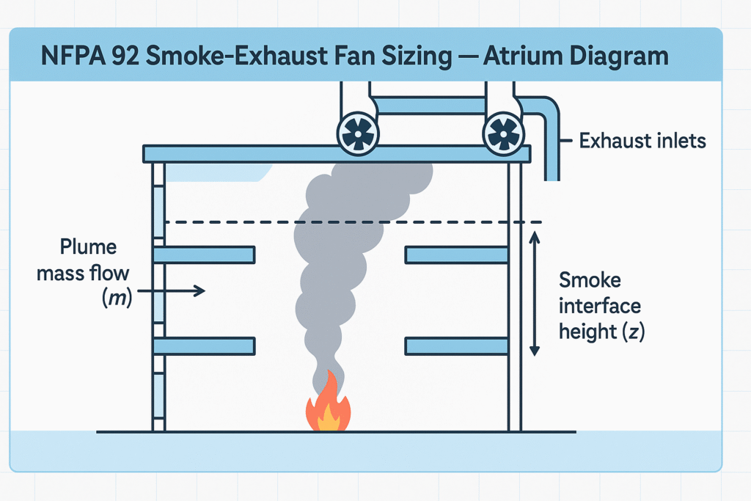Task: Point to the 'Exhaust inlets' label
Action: click(642, 141)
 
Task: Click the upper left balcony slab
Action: click(205, 255)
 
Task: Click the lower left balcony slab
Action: click(205, 345)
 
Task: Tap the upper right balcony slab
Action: click(456, 255)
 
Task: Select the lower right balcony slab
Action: click(456, 345)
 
